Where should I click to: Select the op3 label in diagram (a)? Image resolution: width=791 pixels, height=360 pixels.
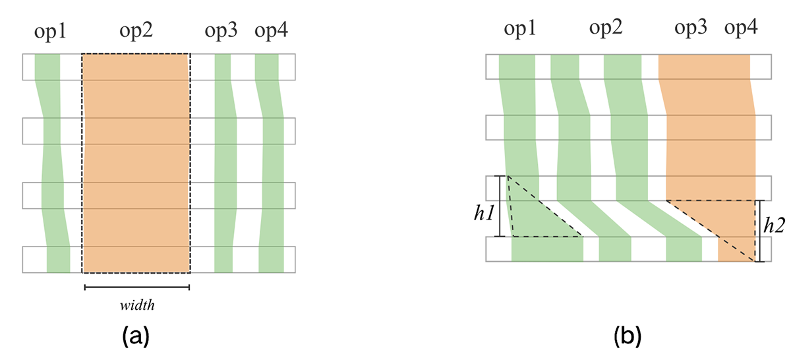222,31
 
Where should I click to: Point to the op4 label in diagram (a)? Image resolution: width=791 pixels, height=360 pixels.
271,31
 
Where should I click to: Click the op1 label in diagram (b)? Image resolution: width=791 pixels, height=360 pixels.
522,28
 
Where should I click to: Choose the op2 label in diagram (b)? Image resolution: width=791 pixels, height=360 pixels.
607,28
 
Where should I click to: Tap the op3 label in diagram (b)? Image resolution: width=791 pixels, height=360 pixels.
692,28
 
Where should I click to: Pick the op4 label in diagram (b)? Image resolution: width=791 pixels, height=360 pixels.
741,28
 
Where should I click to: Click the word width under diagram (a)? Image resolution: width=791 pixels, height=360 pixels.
136,306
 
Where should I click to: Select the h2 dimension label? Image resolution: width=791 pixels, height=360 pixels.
774,224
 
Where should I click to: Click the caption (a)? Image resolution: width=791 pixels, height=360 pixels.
136,337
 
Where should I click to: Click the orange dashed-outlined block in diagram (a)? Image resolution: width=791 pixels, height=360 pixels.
136,162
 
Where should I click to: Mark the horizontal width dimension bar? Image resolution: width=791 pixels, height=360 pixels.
136,287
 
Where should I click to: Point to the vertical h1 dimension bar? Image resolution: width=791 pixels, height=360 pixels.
500,206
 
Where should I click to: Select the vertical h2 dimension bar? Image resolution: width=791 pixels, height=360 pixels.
760,231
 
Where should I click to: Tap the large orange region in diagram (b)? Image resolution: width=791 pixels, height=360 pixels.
709,132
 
